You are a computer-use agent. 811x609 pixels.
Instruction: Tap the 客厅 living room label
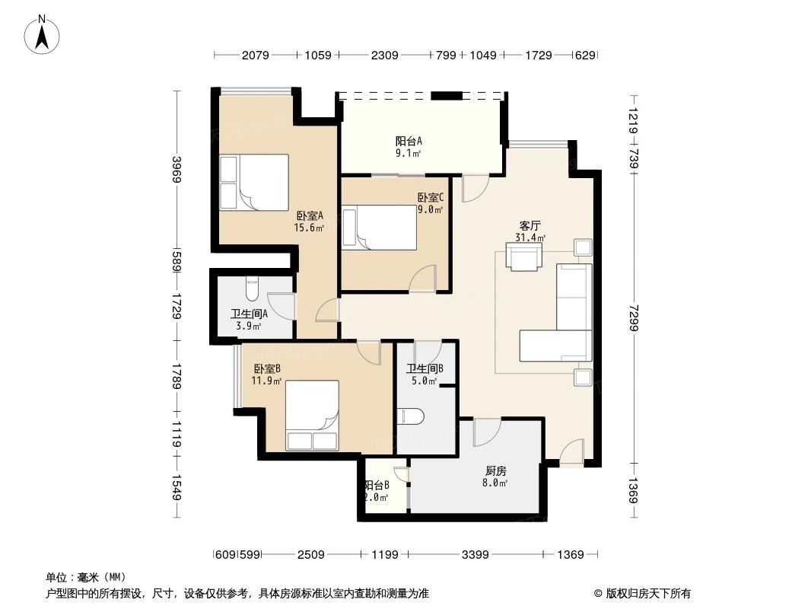coord(530,225)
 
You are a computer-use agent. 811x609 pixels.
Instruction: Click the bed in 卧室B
coord(312,416)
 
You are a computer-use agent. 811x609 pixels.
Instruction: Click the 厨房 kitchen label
coord(496,470)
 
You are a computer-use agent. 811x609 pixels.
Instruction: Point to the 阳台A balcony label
coord(409,141)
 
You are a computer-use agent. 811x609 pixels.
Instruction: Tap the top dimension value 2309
coord(385,55)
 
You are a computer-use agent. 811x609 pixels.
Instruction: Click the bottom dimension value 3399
coord(476,555)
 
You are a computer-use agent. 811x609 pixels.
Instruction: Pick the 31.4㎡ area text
coord(530,238)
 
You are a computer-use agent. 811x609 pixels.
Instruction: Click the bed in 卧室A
coord(254,182)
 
